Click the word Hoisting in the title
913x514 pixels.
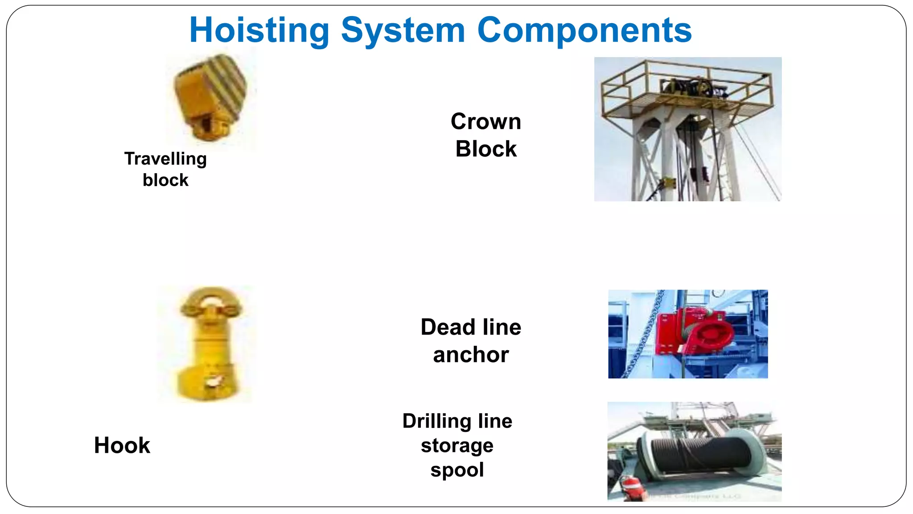259,30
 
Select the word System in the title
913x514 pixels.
403,30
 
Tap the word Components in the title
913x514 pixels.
584,30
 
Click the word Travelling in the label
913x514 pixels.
165,159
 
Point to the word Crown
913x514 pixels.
485,121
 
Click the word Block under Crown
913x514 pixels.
485,149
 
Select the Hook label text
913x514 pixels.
122,445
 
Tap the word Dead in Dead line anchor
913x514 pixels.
448,327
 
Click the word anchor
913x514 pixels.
471,355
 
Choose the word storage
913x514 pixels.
457,445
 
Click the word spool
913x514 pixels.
457,470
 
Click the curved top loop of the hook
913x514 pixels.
210,297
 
